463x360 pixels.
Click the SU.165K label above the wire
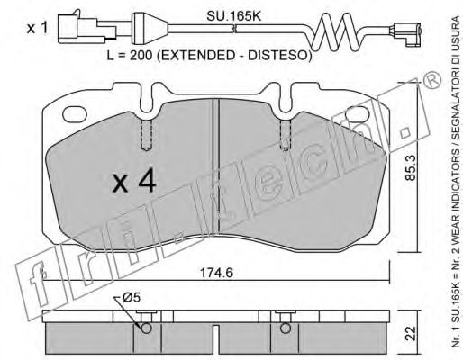233,17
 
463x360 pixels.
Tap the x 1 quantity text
37,29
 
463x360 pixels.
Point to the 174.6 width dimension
216,273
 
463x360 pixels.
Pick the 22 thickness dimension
412,333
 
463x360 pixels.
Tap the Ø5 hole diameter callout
132,298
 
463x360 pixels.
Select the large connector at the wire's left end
86,28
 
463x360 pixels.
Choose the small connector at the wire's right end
406,32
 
